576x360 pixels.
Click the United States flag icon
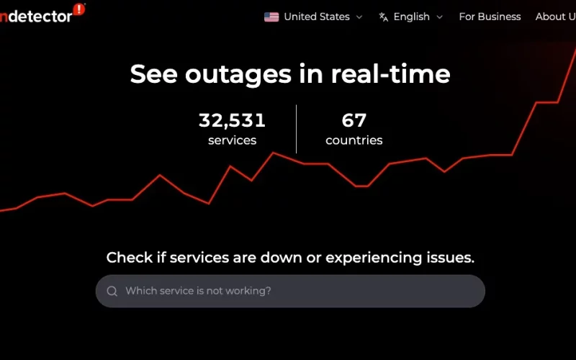[271, 17]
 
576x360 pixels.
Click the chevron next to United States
[359, 17]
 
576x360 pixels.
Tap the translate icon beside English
[384, 17]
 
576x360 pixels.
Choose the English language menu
[411, 17]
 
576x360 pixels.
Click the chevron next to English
[440, 17]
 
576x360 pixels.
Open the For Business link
[490, 17]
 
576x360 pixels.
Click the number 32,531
[232, 120]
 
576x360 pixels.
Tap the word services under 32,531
[232, 140]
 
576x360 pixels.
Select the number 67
[354, 120]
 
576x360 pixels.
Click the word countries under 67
[354, 140]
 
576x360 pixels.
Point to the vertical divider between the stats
[296, 129]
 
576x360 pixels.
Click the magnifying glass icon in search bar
[112, 291]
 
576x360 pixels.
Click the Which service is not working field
[288, 291]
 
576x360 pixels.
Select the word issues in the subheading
[451, 258]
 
